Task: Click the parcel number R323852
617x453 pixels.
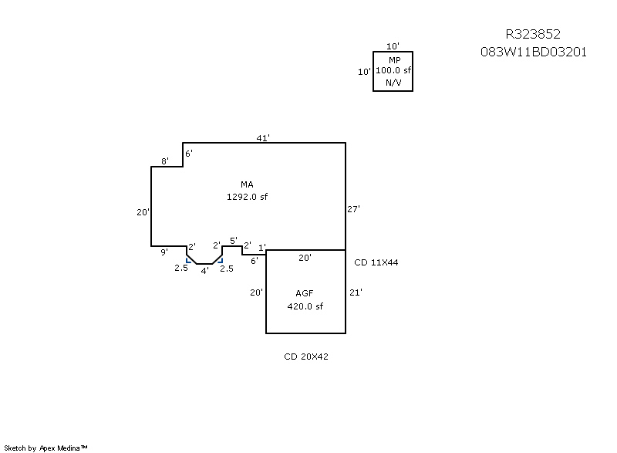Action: click(x=532, y=34)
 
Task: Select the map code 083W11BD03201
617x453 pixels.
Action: click(x=534, y=52)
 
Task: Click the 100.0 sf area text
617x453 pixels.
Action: click(x=393, y=70)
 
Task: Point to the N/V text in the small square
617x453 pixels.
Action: click(x=393, y=82)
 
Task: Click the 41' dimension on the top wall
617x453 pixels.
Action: click(x=263, y=138)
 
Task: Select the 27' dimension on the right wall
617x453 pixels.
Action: click(x=355, y=208)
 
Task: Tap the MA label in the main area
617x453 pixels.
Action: click(x=247, y=184)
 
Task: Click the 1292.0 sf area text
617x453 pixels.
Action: click(x=247, y=196)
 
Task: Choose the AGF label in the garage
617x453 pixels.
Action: click(x=305, y=293)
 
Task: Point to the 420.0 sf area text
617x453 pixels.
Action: click(x=305, y=306)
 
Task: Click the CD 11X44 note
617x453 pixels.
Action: click(x=376, y=262)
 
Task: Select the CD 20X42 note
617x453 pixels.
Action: click(x=307, y=357)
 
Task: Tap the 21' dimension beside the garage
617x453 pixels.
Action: click(x=356, y=292)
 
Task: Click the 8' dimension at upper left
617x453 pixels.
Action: click(x=165, y=161)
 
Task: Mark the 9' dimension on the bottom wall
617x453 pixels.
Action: click(x=164, y=252)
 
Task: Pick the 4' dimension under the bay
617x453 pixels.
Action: click(x=204, y=271)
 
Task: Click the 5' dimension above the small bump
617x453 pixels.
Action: click(x=234, y=241)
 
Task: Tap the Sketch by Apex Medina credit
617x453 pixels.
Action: click(x=46, y=447)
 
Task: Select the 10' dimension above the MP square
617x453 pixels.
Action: click(x=393, y=46)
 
